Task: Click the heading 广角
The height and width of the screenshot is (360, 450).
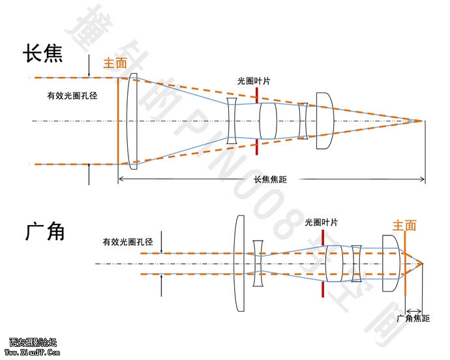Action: [45, 231]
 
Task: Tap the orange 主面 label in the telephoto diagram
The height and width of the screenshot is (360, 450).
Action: [115, 64]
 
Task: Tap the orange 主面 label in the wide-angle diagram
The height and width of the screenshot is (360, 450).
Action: [404, 226]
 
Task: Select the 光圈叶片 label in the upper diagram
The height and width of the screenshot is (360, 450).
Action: [254, 80]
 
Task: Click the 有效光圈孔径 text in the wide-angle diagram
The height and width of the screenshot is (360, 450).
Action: [127, 242]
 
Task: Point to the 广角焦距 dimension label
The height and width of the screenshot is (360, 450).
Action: [413, 318]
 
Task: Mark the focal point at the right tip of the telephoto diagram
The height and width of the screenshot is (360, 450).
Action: [423, 121]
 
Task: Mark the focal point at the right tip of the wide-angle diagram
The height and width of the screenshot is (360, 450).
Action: [423, 263]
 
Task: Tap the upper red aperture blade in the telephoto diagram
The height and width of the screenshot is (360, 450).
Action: [258, 94]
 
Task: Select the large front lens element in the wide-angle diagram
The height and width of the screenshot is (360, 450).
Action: [239, 264]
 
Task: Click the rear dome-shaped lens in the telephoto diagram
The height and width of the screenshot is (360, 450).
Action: [324, 121]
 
